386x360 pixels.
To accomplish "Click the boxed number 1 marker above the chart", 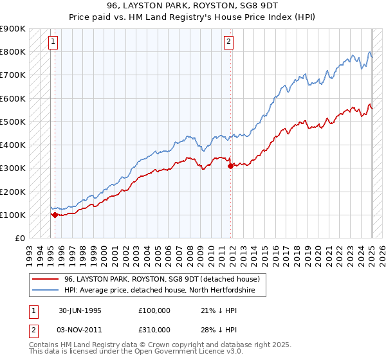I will (54, 43).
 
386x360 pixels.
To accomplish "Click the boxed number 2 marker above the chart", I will (228, 43).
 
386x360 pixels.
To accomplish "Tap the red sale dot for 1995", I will (55, 215).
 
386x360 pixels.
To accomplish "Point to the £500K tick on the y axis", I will (13, 122).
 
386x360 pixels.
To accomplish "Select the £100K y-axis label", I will (13, 215).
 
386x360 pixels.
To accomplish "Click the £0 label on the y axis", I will (19, 238).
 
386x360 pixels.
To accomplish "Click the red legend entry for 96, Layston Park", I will (161, 279).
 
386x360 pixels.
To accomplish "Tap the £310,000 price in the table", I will (154, 329).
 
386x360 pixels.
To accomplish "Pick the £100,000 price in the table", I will (154, 310).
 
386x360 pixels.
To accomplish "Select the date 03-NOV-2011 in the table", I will (81, 329).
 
